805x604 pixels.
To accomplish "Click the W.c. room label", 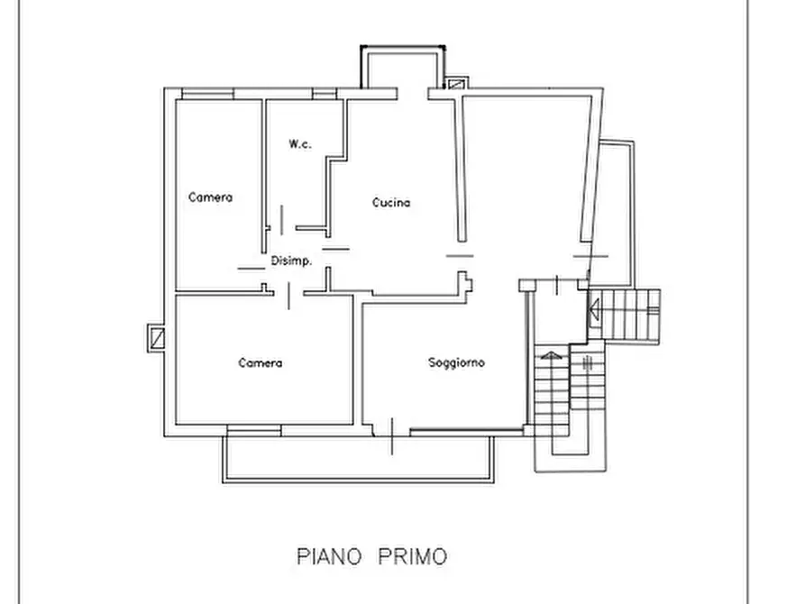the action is click(300, 144).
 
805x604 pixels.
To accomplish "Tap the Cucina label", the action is click(391, 202).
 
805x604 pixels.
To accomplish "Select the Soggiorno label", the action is click(456, 362).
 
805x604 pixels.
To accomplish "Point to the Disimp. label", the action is click(291, 261).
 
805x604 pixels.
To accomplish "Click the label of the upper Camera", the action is click(210, 197).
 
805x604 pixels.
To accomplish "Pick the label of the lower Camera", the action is click(260, 363).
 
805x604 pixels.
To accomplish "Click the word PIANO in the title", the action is click(329, 556).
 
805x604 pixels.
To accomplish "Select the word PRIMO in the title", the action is click(413, 556).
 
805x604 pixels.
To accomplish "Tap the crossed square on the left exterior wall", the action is click(156, 338).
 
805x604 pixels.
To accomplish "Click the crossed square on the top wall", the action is click(455, 83).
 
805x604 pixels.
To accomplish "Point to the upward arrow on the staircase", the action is click(551, 355).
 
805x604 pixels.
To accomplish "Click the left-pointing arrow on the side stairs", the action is click(594, 310).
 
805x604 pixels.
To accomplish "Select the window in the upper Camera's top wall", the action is click(208, 94).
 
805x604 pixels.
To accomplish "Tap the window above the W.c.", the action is click(325, 94).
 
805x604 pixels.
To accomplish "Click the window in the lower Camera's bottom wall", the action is click(254, 430).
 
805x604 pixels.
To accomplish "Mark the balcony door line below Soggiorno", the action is click(392, 436).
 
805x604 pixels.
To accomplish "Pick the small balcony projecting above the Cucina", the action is click(402, 67).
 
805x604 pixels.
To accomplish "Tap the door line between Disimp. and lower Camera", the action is click(288, 296).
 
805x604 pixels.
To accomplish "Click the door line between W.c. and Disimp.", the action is click(281, 220).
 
